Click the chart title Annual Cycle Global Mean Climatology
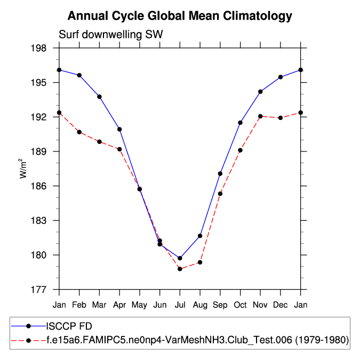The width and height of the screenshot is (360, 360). point(180,15)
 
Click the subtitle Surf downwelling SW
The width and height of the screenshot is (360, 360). point(110,35)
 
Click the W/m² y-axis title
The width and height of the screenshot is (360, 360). point(23,168)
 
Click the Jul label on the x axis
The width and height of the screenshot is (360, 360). point(180,305)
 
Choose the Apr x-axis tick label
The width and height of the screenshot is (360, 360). point(119,305)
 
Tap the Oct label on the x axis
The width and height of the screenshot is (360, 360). point(241,305)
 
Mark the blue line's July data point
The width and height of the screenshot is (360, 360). point(180,258)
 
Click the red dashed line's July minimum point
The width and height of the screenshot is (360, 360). point(180,269)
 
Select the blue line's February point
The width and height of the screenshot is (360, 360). point(79,75)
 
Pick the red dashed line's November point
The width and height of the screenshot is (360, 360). point(261,116)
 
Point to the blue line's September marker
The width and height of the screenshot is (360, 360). point(220,173)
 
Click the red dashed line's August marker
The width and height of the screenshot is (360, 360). point(200,262)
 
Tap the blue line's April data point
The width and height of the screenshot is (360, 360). point(119,129)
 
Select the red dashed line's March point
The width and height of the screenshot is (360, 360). point(99,141)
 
